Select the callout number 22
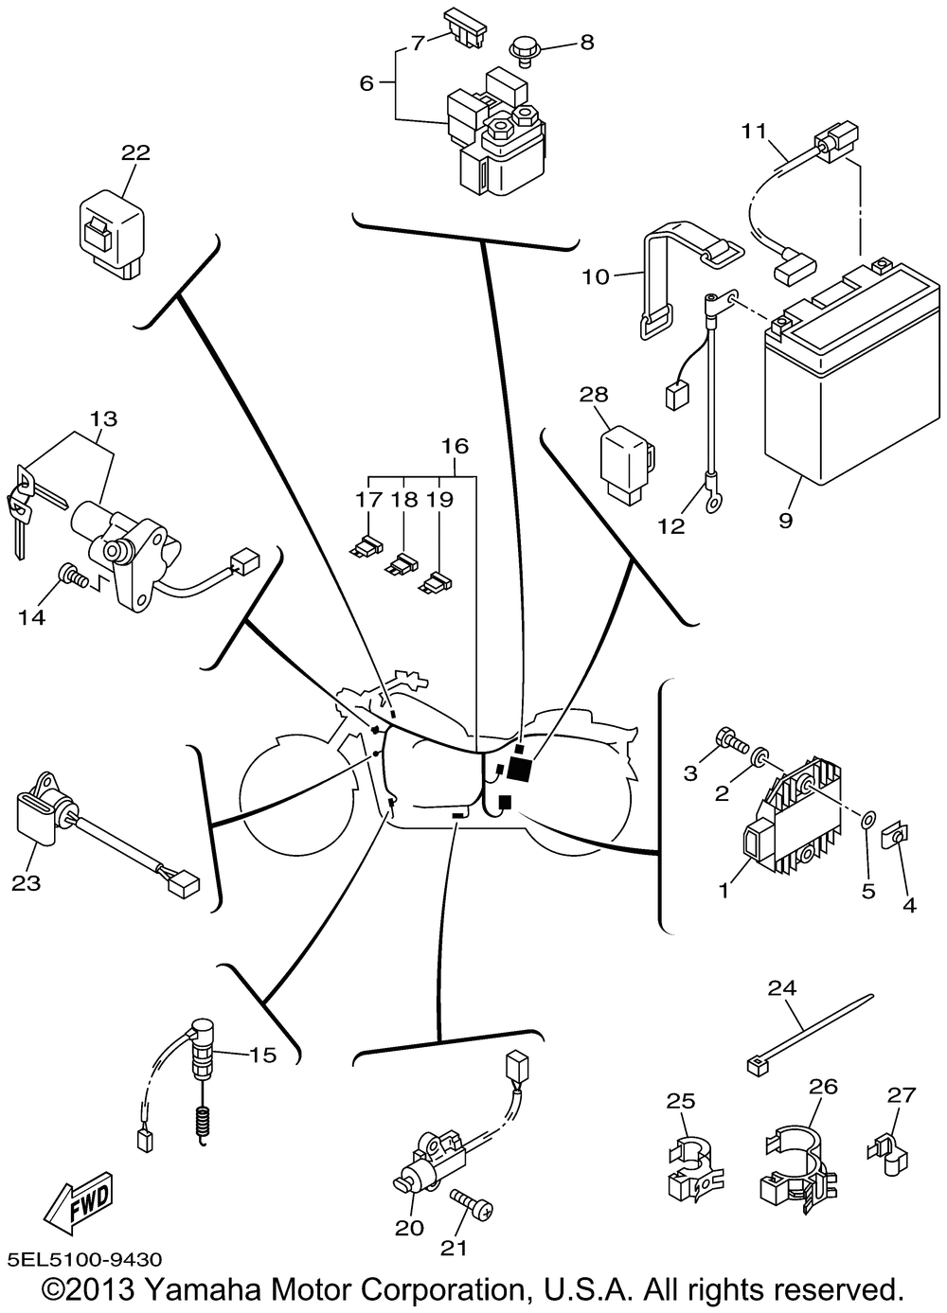(135, 152)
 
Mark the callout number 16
(455, 445)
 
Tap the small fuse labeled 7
(466, 26)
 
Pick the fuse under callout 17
(366, 546)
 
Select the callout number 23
(23, 882)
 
